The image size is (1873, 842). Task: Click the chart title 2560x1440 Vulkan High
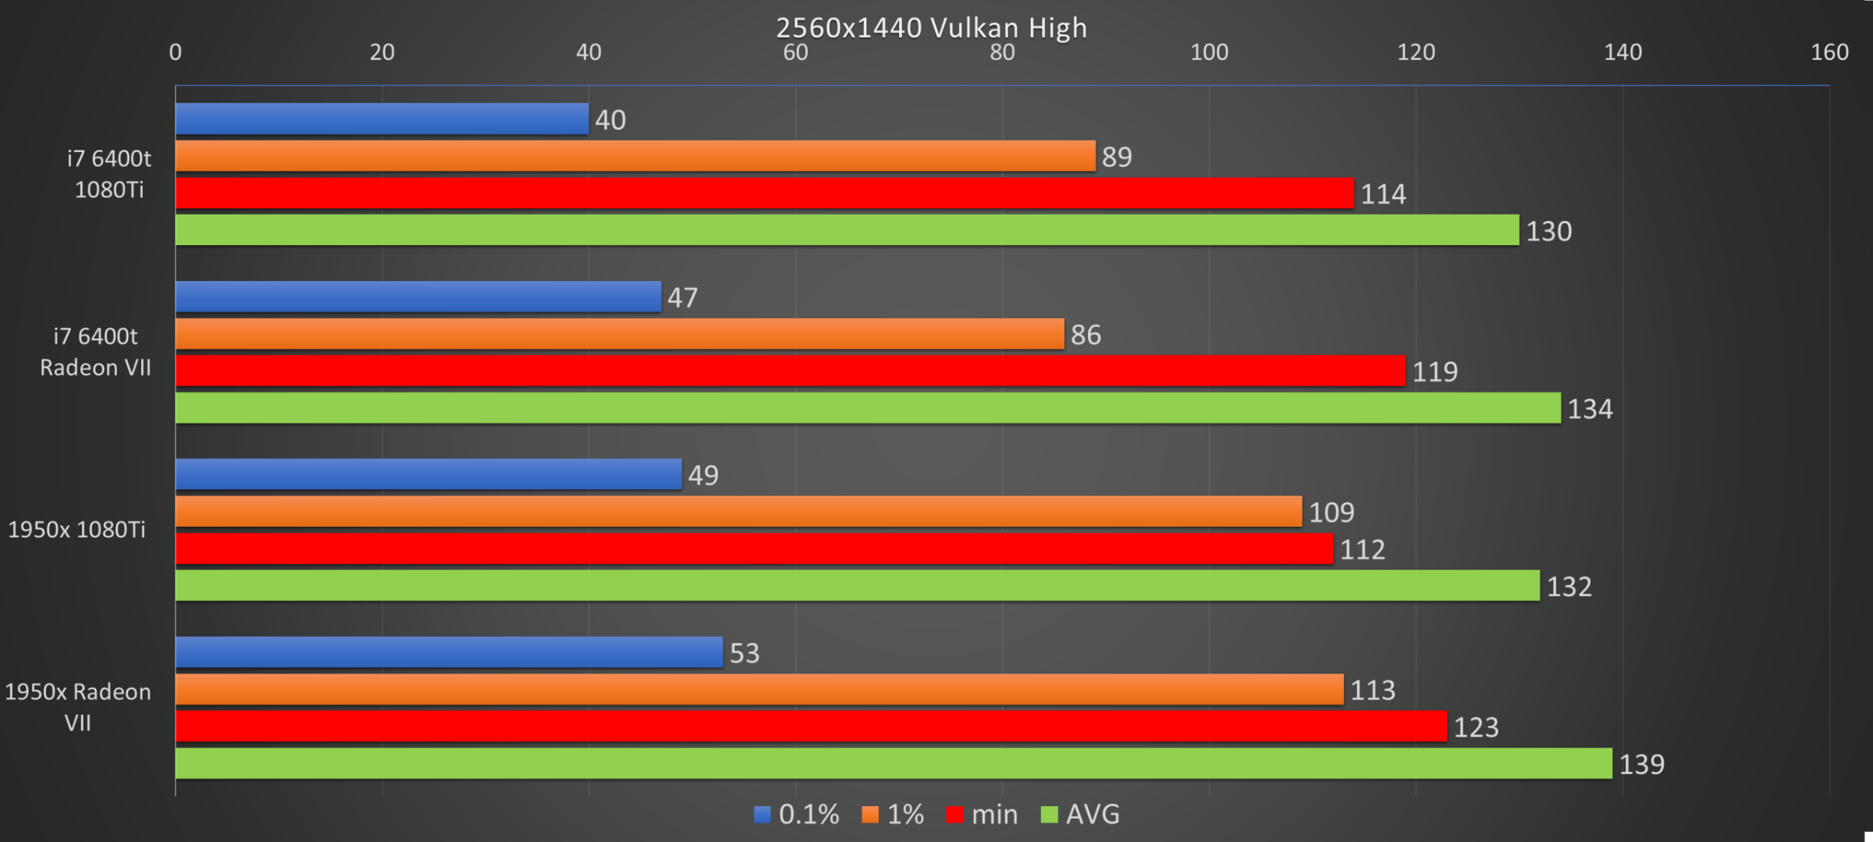[931, 28]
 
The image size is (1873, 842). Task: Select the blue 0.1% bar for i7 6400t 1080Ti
[382, 119]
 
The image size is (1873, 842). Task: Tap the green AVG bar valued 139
[894, 763]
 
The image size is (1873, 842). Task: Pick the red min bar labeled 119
[790, 371]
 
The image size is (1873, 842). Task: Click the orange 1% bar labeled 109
[738, 512]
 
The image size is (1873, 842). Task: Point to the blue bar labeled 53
[449, 652]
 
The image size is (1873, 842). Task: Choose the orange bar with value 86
[620, 334]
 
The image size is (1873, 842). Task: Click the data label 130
[1549, 232]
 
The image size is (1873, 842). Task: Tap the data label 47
[683, 298]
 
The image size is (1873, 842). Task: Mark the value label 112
[1363, 550]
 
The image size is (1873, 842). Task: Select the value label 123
[1476, 727]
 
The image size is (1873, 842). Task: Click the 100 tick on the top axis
[1209, 52]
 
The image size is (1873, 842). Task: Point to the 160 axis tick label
[1829, 52]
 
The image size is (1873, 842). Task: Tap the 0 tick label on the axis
[176, 52]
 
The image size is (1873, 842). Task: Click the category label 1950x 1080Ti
[76, 530]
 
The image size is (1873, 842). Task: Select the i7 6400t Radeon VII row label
[95, 352]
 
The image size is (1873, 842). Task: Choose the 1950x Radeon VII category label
[78, 707]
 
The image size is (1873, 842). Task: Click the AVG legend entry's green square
[1050, 815]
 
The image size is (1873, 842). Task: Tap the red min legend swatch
[954, 815]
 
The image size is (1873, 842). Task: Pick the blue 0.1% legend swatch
[762, 815]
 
